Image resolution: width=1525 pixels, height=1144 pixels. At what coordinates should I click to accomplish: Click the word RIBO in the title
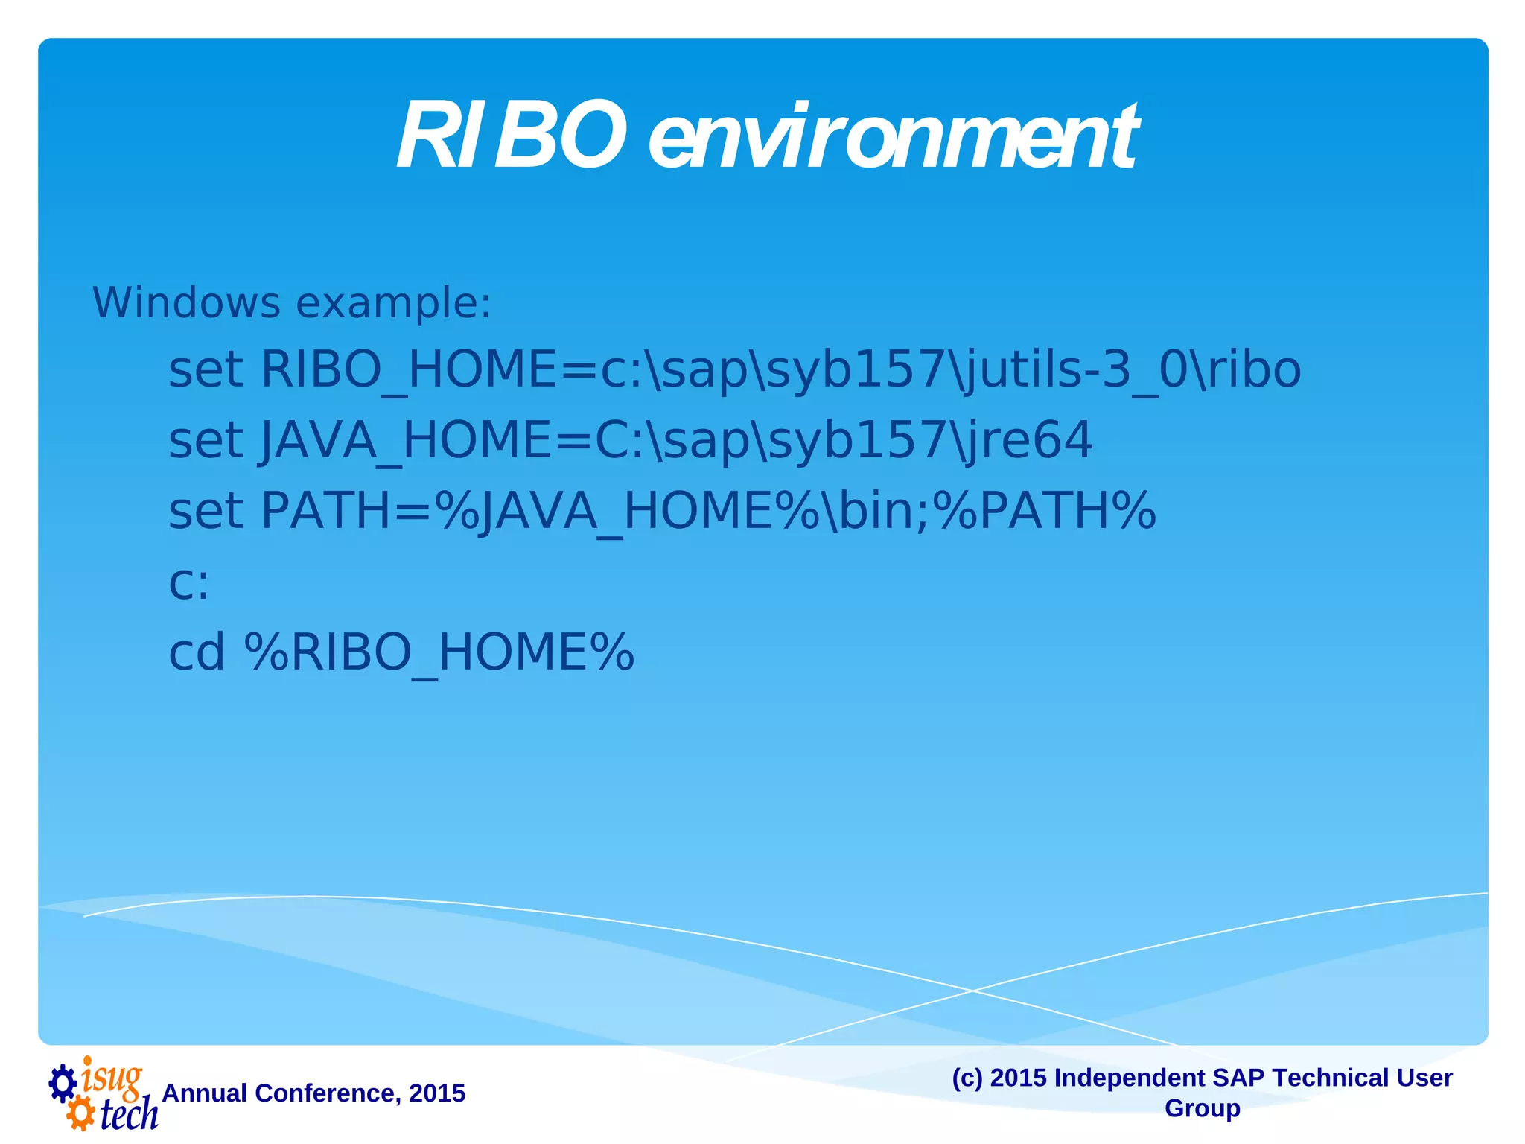pos(511,137)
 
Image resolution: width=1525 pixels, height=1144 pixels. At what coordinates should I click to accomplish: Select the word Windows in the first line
pos(186,303)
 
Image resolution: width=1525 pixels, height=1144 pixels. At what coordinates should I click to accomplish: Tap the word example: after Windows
pos(393,304)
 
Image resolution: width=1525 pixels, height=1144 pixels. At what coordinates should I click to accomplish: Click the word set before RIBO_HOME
pos(206,369)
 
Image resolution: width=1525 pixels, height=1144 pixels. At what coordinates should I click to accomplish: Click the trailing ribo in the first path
pos(1253,369)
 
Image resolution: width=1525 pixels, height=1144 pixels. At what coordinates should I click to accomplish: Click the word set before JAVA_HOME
pos(206,440)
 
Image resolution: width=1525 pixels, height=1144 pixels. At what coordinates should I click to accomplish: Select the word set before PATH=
pos(206,511)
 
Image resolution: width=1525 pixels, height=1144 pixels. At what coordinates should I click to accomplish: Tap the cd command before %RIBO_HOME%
pos(197,652)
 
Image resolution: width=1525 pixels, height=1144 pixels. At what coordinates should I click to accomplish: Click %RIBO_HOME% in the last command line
pos(439,652)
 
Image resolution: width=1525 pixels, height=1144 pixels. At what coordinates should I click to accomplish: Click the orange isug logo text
pos(112,1077)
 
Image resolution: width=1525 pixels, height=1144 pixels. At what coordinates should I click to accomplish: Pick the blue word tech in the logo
pos(128,1114)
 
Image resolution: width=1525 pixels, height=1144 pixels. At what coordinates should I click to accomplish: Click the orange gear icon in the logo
pos(80,1115)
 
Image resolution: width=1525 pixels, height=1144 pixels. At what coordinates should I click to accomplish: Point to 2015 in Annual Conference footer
pos(437,1093)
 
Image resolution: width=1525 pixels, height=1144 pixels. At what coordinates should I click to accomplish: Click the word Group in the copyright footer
pos(1202,1108)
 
